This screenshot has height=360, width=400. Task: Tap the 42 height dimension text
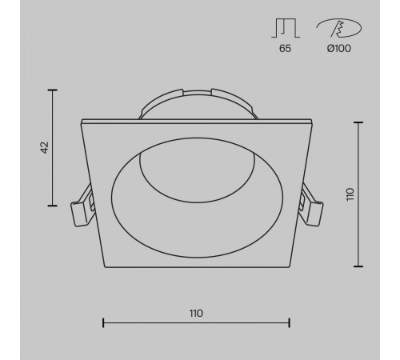pyautogui.click(x=45, y=147)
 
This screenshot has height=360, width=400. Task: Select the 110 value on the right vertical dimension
pyautogui.click(x=350, y=194)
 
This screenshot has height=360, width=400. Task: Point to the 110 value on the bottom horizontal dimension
pyautogui.click(x=197, y=312)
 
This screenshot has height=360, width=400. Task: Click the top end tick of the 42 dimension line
pyautogui.click(x=54, y=90)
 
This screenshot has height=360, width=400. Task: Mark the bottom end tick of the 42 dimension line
pyautogui.click(x=54, y=205)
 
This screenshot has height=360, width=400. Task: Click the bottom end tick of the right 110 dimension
pyautogui.click(x=356, y=266)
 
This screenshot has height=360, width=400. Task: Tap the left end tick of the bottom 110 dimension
pyautogui.click(x=104, y=323)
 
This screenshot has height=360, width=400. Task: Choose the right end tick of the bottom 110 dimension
pyautogui.click(x=290, y=323)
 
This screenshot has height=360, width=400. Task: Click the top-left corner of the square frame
pyautogui.click(x=82, y=121)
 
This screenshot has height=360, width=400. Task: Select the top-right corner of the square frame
pyautogui.click(x=311, y=121)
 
